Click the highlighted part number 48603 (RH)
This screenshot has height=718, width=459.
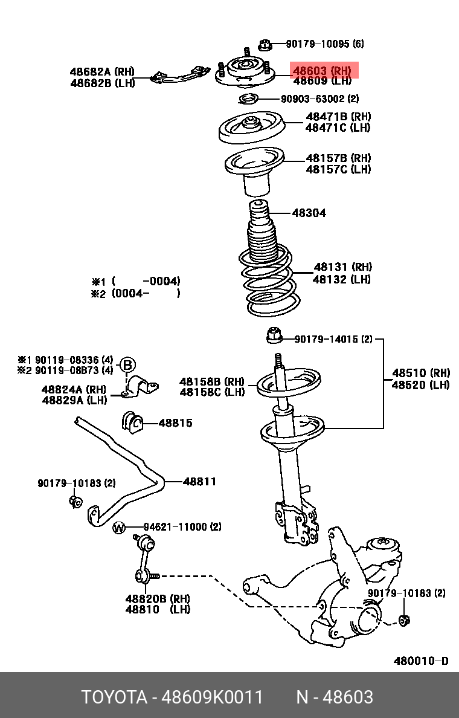pyautogui.click(x=321, y=70)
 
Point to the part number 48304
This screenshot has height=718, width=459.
pyautogui.click(x=309, y=213)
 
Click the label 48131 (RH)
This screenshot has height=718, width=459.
pyautogui.click(x=342, y=267)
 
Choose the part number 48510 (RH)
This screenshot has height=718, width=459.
pyautogui.click(x=421, y=373)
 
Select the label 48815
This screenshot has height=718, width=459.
pyautogui.click(x=175, y=423)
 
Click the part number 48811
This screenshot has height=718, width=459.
pyautogui.click(x=199, y=482)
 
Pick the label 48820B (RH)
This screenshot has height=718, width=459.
pyautogui.click(x=157, y=598)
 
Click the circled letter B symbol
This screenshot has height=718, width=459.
pyautogui.click(x=127, y=365)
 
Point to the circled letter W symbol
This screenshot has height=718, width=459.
pyautogui.click(x=119, y=528)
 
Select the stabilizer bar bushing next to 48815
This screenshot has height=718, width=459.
pyautogui.click(x=132, y=422)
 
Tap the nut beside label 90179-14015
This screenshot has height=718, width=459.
pyautogui.click(x=275, y=333)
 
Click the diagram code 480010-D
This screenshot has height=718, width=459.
pyautogui.click(x=421, y=661)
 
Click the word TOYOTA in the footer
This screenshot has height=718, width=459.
pyautogui.click(x=115, y=697)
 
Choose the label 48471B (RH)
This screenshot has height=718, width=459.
pyautogui.click(x=338, y=117)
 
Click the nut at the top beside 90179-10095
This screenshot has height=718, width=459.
pyautogui.click(x=264, y=44)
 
